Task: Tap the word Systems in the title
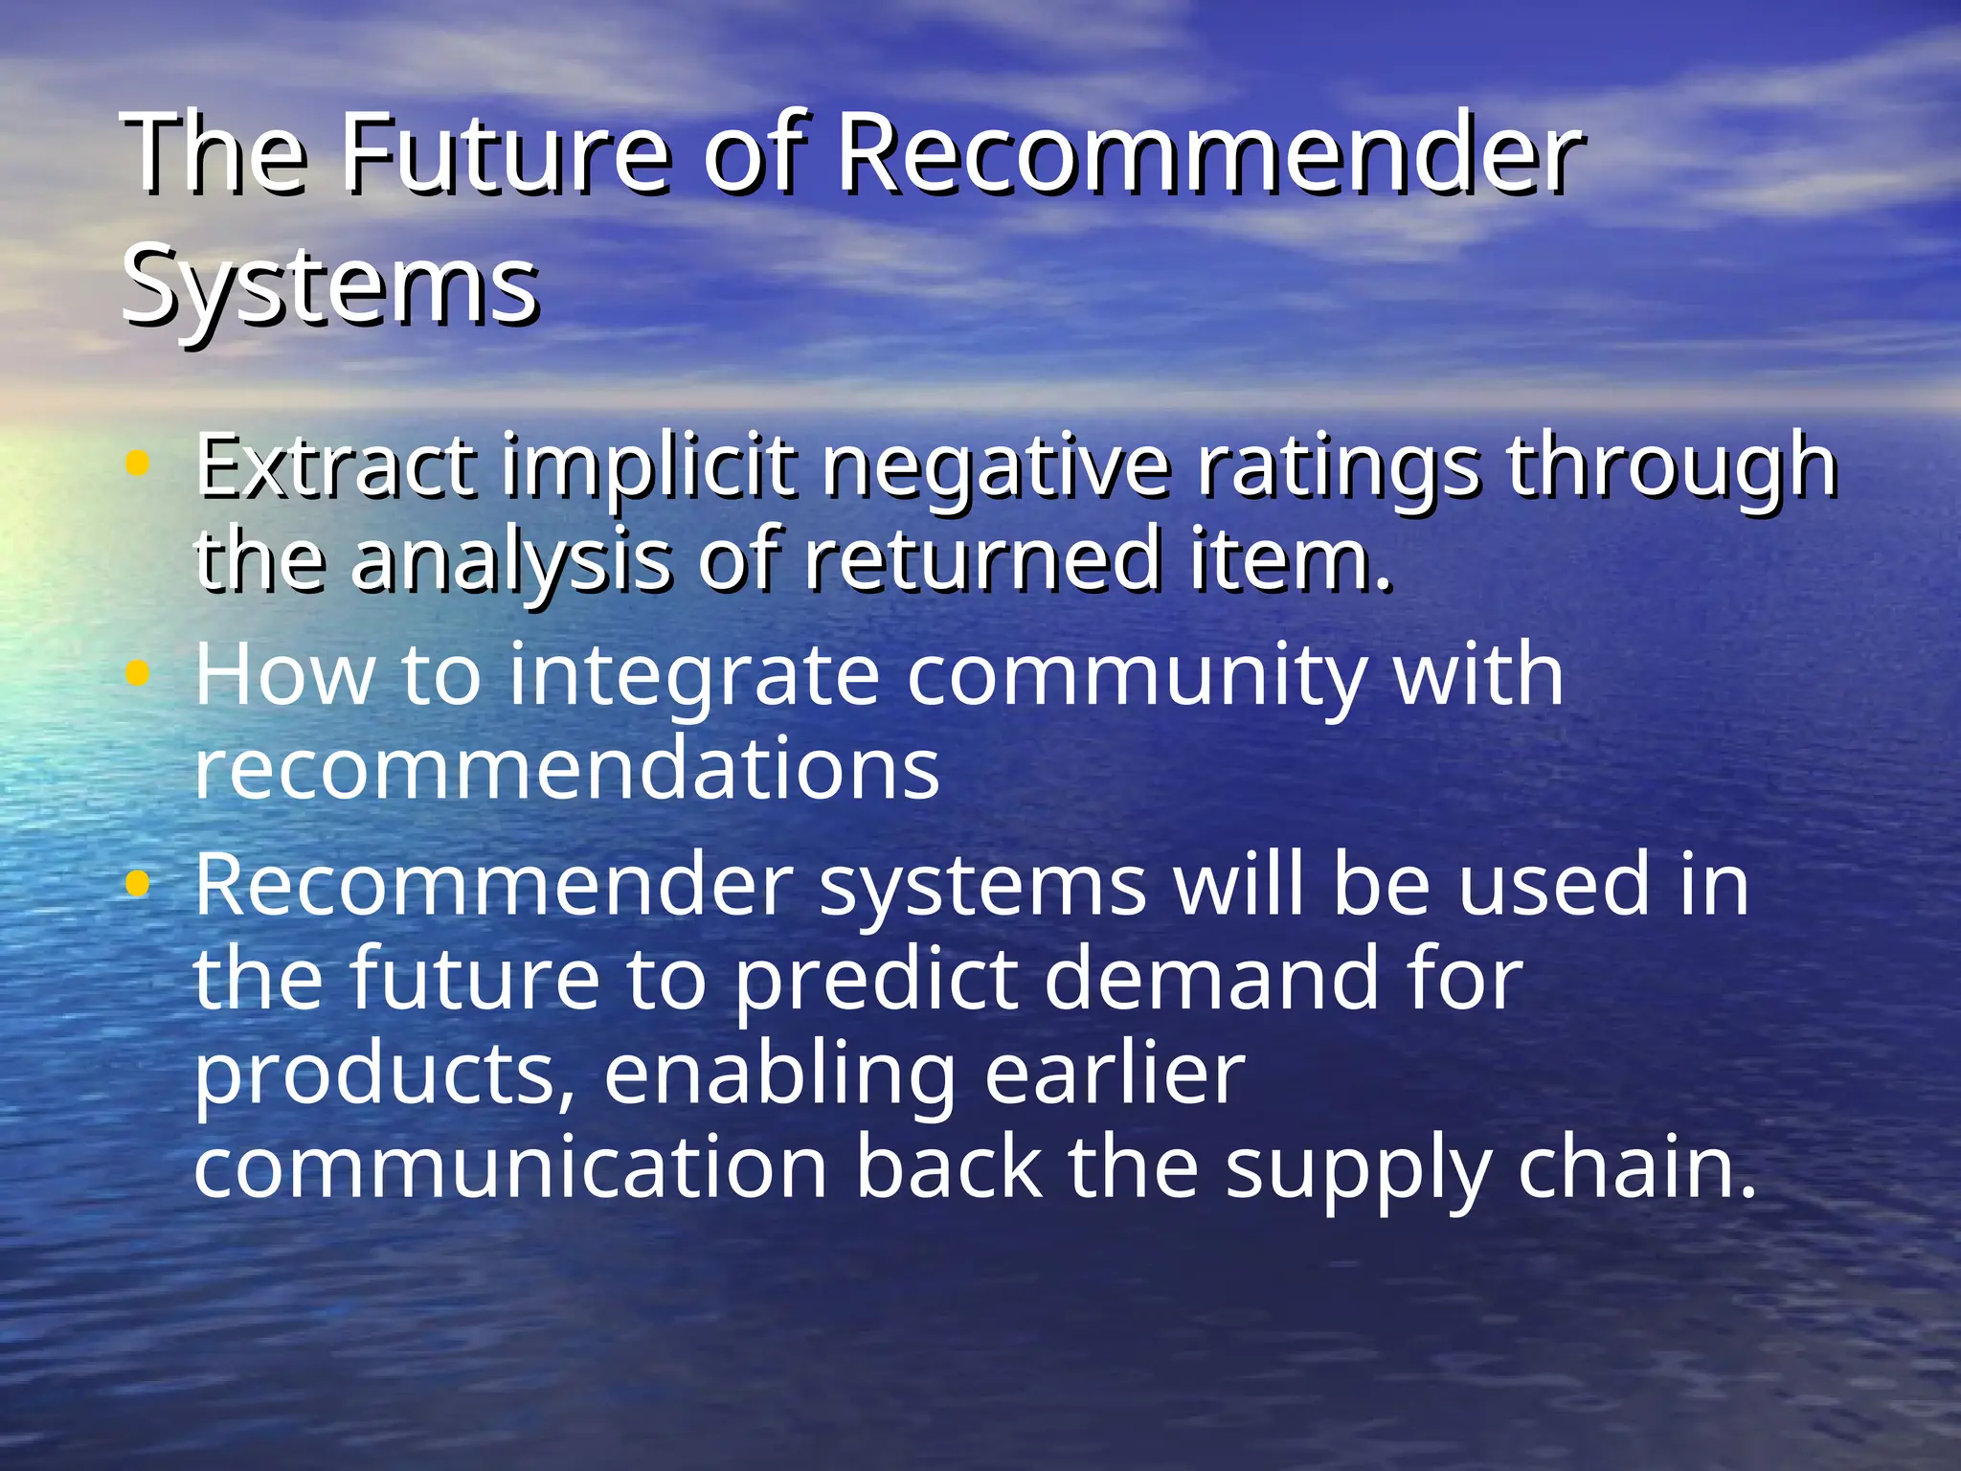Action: click(330, 284)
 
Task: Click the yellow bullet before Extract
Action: click(138, 465)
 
